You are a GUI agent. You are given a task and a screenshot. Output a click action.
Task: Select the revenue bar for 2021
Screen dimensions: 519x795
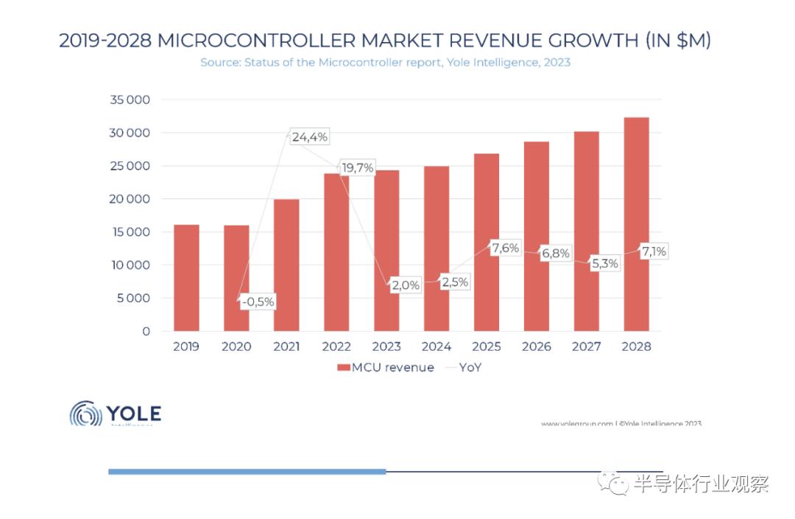[286, 265]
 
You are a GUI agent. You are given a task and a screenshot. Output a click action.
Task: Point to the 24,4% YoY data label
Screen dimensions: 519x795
[309, 137]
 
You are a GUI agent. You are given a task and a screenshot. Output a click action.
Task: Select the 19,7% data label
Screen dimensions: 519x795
[357, 168]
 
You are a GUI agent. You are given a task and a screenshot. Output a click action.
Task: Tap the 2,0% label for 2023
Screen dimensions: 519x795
[406, 285]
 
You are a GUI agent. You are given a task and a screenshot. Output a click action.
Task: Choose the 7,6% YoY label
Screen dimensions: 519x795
[505, 248]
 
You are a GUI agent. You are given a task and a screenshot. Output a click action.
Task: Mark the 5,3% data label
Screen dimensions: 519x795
[604, 263]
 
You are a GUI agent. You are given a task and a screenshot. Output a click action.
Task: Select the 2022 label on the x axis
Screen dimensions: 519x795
[336, 346]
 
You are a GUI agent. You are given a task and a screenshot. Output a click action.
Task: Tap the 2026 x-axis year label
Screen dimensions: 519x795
[536, 346]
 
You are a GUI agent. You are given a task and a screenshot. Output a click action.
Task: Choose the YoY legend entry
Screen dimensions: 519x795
[464, 367]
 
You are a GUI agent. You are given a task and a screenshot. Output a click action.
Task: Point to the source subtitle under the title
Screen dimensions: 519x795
[385, 63]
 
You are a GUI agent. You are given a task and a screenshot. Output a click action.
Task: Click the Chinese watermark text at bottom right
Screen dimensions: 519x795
[699, 484]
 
